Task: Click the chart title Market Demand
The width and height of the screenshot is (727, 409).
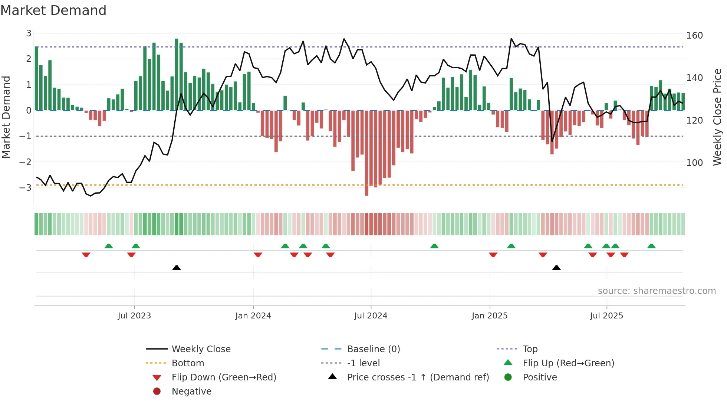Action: pyautogui.click(x=53, y=10)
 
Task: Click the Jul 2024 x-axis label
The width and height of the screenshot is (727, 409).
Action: pyautogui.click(x=371, y=316)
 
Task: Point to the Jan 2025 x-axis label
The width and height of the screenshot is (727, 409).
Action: pyautogui.click(x=489, y=316)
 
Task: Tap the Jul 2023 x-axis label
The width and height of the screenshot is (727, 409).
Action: pyautogui.click(x=134, y=316)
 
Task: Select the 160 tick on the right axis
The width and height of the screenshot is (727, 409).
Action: pyautogui.click(x=694, y=36)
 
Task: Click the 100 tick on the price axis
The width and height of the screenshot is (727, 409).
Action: pyautogui.click(x=694, y=163)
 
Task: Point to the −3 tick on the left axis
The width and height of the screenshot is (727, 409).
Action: pyautogui.click(x=26, y=187)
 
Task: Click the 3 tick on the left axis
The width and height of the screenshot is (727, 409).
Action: pyautogui.click(x=29, y=33)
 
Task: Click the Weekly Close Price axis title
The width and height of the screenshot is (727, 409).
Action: pyautogui.click(x=717, y=117)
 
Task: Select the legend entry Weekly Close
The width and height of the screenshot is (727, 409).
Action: pyautogui.click(x=201, y=349)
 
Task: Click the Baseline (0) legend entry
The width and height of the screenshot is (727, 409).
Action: pyautogui.click(x=373, y=349)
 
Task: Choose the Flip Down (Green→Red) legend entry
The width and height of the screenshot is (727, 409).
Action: pyautogui.click(x=224, y=377)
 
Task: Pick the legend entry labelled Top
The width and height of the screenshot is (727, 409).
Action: pyautogui.click(x=530, y=349)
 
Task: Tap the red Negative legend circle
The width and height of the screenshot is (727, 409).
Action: pyautogui.click(x=157, y=392)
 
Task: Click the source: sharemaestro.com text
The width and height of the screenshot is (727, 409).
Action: pyautogui.click(x=657, y=291)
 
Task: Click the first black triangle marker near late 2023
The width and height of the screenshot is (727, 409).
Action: pyautogui.click(x=177, y=268)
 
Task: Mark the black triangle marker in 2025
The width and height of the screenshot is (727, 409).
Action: pyautogui.click(x=556, y=268)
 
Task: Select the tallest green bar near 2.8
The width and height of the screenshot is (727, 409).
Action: pyautogui.click(x=177, y=74)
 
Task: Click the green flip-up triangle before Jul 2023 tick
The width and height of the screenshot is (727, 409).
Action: pyautogui.click(x=109, y=246)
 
